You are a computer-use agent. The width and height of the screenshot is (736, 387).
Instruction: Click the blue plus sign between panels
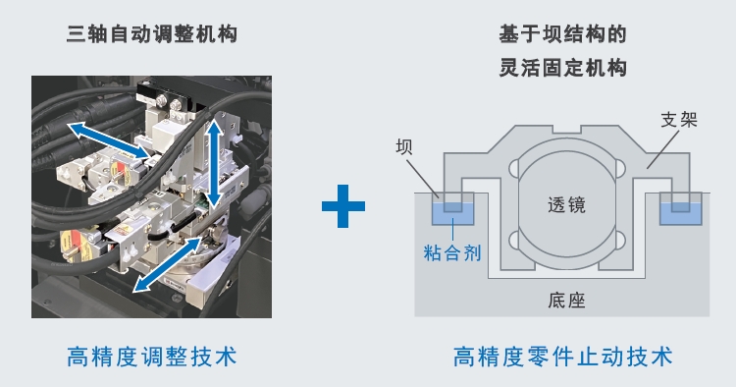343,206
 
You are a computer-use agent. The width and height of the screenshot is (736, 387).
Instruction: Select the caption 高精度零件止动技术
563,356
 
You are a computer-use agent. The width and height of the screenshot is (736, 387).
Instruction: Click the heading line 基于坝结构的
562,35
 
